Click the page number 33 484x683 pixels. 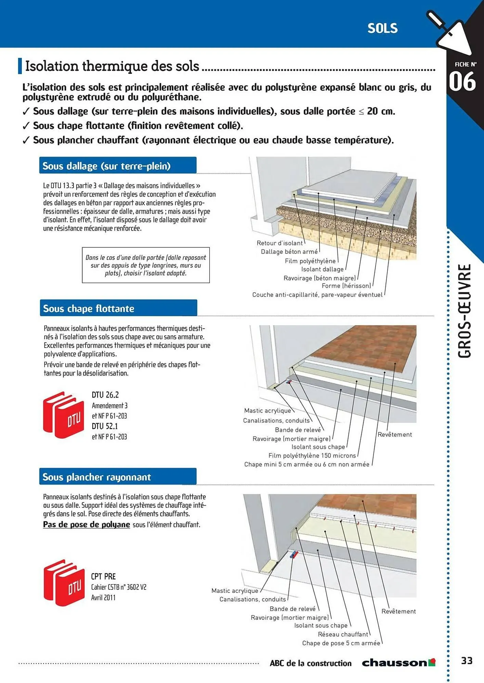pyautogui.click(x=467, y=660)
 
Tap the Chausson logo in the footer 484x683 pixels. pyautogui.click(x=398, y=663)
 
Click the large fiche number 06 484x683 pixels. pyautogui.click(x=462, y=82)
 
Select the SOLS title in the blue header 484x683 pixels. pyautogui.click(x=382, y=29)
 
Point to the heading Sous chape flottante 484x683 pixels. pyautogui.click(x=89, y=308)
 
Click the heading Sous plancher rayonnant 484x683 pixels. pyautogui.click(x=96, y=477)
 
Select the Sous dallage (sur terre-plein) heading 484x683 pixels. pyautogui.click(x=106, y=166)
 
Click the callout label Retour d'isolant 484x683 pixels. pyautogui.click(x=279, y=243)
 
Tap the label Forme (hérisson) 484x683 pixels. pyautogui.click(x=346, y=286)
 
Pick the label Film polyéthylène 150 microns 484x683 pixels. pyautogui.click(x=312, y=456)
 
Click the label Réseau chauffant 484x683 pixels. pyautogui.click(x=343, y=634)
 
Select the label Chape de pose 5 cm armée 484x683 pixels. pyautogui.click(x=341, y=643)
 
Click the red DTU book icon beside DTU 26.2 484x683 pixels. pyautogui.click(x=64, y=415)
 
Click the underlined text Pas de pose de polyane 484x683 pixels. pyautogui.click(x=87, y=525)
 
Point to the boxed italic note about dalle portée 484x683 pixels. pyautogui.click(x=146, y=265)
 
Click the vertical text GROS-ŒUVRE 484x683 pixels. pyautogui.click(x=465, y=311)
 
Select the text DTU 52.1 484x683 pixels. pyautogui.click(x=105, y=426)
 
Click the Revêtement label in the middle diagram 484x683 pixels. pyautogui.click(x=394, y=434)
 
